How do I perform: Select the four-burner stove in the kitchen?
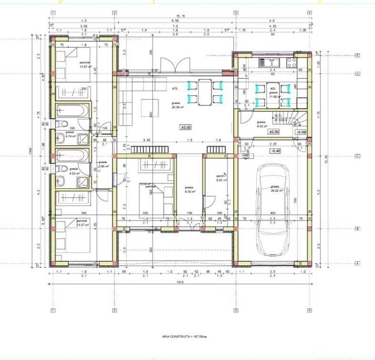click(x=291, y=62)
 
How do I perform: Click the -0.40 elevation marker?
click(x=276, y=150)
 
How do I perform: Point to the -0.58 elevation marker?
click(x=301, y=132)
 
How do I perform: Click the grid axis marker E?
click(x=357, y=55)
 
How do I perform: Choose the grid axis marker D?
click(x=357, y=73)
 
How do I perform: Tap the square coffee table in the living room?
click(x=150, y=108)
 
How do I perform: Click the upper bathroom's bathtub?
click(x=74, y=110)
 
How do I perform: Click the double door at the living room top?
click(x=171, y=66)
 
